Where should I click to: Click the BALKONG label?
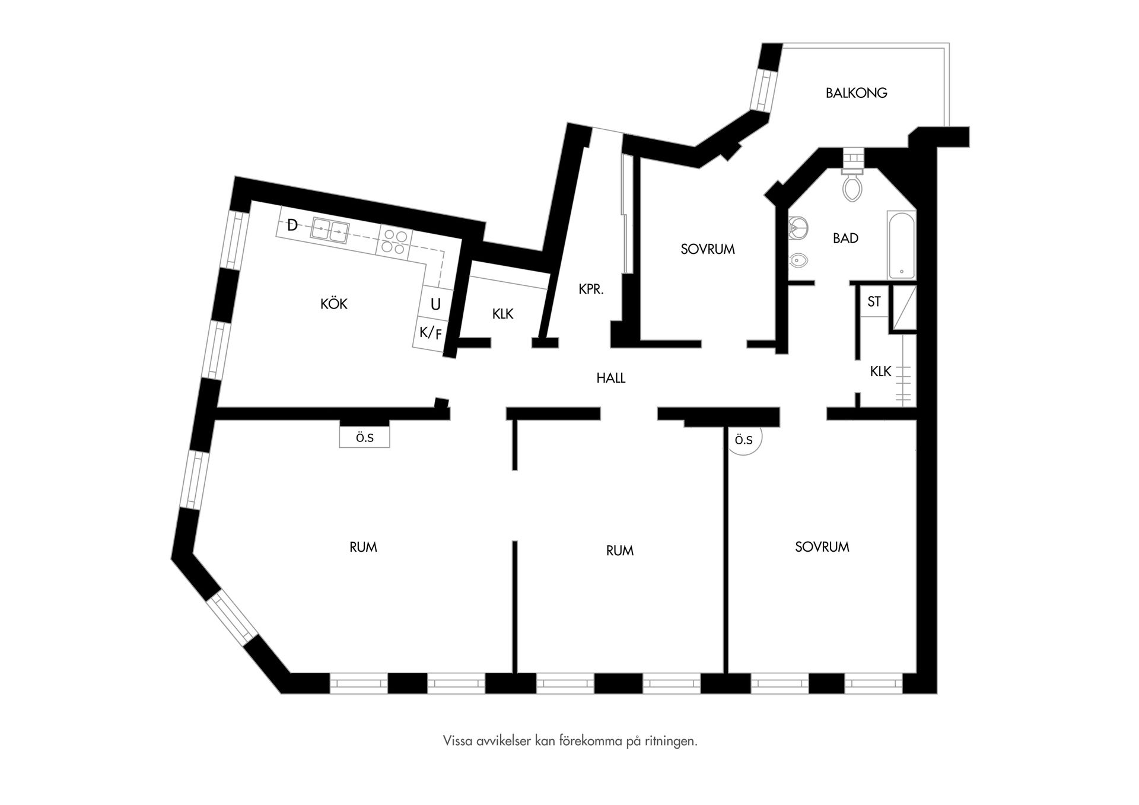pos(856,93)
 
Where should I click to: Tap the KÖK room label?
pos(334,304)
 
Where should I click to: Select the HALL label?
pos(611,378)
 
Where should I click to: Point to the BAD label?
pos(845,238)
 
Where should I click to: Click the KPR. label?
pos(591,289)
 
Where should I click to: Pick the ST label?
pos(874,301)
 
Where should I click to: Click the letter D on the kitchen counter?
pos(292,225)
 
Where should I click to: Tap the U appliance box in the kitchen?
pos(436,304)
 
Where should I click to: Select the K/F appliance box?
pos(431,333)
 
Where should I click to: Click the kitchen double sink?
pos(330,230)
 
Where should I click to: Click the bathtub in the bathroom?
pos(902,245)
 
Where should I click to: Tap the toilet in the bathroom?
pos(852,185)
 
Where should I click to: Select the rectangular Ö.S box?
pos(364,438)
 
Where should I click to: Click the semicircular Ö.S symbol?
pos(744,440)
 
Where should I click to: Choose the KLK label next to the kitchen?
pos(502,314)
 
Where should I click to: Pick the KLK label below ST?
pos(880,371)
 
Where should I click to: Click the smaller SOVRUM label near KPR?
pos(708,249)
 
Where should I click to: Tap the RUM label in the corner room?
pos(363,547)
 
